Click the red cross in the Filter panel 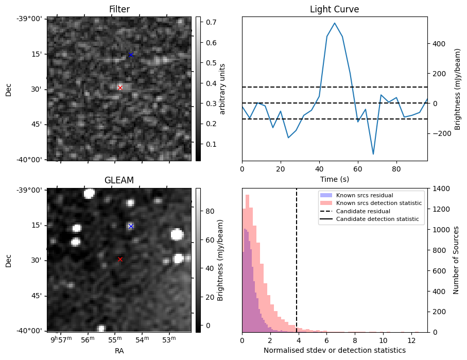120,88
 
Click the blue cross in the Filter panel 131,55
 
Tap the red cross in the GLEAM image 120,259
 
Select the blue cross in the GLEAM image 131,226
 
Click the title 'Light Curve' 334,9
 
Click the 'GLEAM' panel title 119,180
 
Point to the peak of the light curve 335,23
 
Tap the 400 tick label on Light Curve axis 438,43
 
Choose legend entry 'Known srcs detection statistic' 378,203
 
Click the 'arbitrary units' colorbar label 222,89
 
